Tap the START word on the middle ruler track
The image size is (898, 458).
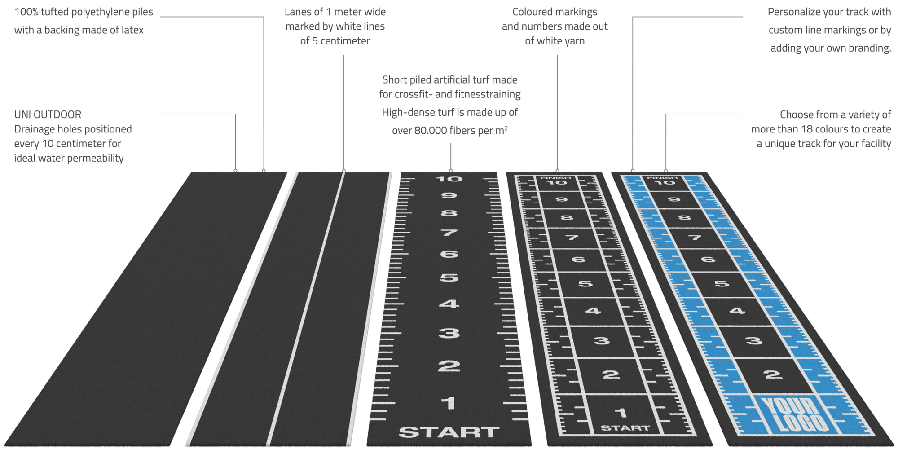(449, 432)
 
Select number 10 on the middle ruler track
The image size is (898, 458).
(449, 179)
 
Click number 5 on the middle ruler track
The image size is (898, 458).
(449, 278)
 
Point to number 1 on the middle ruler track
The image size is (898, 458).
(448, 403)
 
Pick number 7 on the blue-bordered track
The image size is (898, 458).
(695, 237)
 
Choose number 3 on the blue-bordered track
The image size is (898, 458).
(754, 340)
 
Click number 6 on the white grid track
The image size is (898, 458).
(578, 260)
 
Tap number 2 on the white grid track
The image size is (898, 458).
(611, 374)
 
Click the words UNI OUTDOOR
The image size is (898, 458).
(48, 114)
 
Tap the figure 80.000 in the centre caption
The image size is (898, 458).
(430, 130)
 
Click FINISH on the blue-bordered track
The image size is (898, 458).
(662, 177)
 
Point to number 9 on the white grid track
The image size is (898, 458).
(561, 199)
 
